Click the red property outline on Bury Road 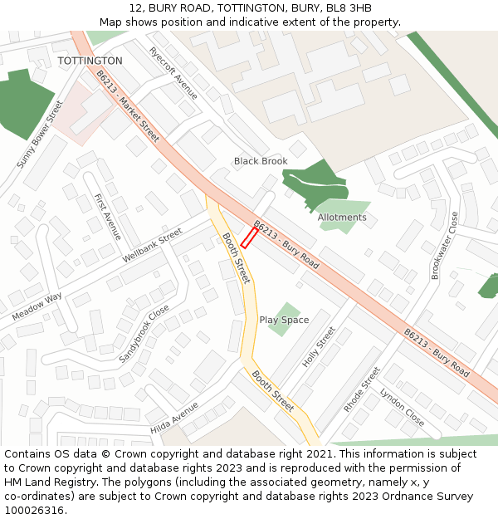tap(249, 237)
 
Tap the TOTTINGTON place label tap(90, 61)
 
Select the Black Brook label tap(261, 161)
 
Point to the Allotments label tap(342, 218)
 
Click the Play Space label tap(284, 320)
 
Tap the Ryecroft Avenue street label tap(173, 72)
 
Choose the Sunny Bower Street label tap(41, 135)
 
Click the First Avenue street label tap(108, 217)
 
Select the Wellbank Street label tap(152, 247)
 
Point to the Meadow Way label tap(37, 307)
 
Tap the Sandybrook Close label tap(144, 333)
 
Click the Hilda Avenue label tap(174, 418)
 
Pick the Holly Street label tap(319, 347)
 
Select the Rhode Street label tap(361, 389)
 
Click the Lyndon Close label tap(403, 408)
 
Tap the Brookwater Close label tap(445, 245)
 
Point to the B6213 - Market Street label tap(128, 105)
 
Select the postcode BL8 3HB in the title tap(349, 8)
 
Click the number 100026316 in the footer tap(35, 510)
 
